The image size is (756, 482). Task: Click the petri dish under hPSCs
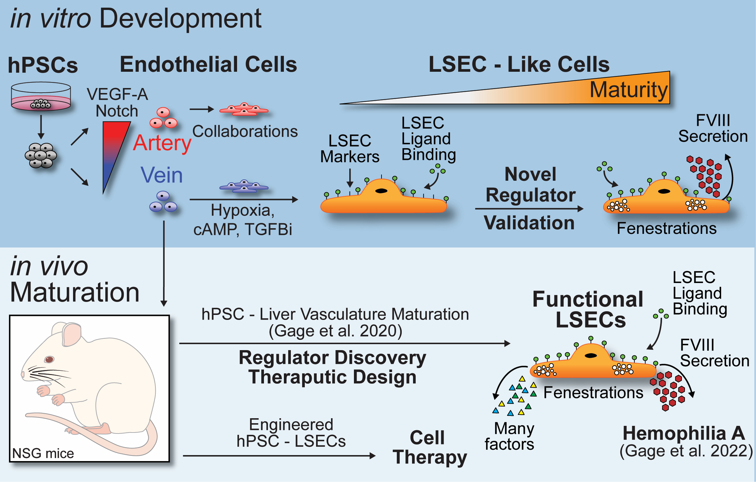pos(41,97)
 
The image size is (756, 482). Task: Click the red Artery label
pos(162,144)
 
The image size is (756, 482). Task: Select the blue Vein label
pos(162,175)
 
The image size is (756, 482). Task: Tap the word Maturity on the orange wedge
pos(628,90)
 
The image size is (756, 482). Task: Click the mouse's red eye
pos(49,359)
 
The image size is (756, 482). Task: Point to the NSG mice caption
pos(43,453)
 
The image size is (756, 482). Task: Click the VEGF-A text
pos(117,94)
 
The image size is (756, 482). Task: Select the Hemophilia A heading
pos(684,434)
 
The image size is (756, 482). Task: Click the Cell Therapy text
pos(429,447)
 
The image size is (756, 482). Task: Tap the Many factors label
pos(510,436)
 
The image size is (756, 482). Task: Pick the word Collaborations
pos(245,132)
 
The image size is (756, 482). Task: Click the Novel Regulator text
pos(530,185)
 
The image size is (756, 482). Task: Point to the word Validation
pos(529,223)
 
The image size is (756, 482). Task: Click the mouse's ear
pos(71,334)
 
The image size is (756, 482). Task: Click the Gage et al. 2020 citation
pos(335,331)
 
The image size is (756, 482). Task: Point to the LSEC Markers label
pos(350,149)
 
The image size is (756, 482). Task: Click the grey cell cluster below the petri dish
pos(41,155)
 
